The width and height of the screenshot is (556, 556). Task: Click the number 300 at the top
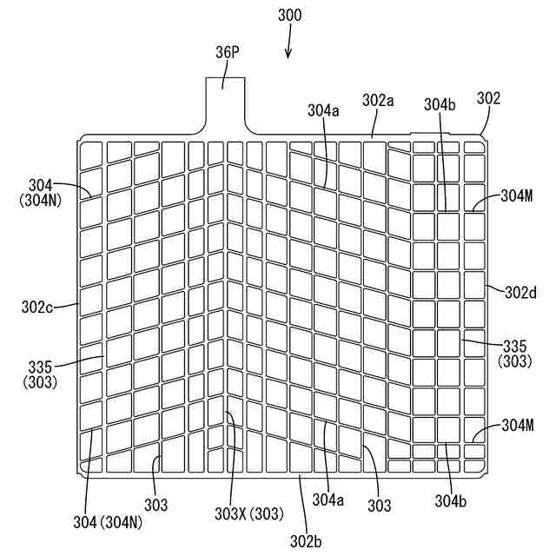tap(289, 16)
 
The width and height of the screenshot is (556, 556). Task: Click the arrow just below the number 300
tap(288, 50)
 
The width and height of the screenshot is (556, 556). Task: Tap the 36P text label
tap(227, 52)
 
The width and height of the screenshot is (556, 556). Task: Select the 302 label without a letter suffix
tap(489, 98)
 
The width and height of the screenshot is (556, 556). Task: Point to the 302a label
tap(378, 100)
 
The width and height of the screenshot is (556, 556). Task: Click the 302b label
tap(306, 541)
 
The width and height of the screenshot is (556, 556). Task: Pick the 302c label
tap(37, 306)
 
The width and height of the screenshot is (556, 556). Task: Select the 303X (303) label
tap(248, 513)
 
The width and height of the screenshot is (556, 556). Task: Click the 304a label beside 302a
tap(323, 110)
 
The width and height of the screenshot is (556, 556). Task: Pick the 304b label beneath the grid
tap(451, 500)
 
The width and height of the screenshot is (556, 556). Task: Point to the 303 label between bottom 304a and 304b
tap(380, 505)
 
